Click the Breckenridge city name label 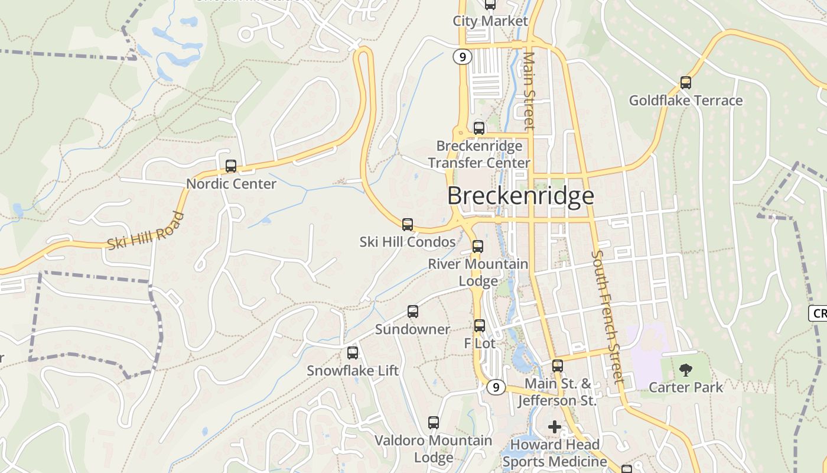[x=520, y=196]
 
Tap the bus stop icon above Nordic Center [x=231, y=166]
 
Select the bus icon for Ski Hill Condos [x=408, y=225]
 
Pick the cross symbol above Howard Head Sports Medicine [x=555, y=426]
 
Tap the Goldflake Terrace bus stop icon [x=686, y=83]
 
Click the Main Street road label [x=529, y=90]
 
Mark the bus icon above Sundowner [x=413, y=312]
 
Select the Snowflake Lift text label [x=353, y=371]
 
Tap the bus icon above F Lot [x=480, y=325]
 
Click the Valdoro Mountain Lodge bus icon [x=434, y=423]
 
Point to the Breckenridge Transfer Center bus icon [x=479, y=128]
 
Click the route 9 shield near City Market [x=463, y=57]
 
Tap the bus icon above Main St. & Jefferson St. [x=558, y=366]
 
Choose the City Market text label [x=490, y=21]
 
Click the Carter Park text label [x=686, y=387]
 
